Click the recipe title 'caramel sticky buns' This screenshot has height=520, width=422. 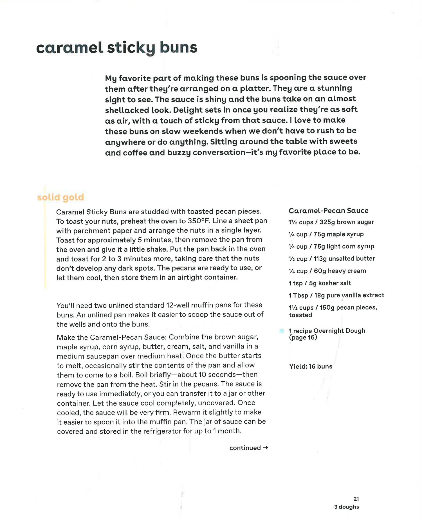tap(116, 48)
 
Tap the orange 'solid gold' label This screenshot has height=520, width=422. tap(60, 197)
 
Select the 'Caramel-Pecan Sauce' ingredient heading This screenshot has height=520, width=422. tap(328, 211)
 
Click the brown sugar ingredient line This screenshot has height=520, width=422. tap(331, 222)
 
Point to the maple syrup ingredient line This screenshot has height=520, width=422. tap(326, 234)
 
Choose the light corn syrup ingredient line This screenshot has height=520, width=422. tap(331, 246)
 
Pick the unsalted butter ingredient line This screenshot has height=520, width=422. tap(332, 258)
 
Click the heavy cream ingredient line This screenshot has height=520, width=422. tap(327, 271)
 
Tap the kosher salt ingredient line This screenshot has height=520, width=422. tap(320, 283)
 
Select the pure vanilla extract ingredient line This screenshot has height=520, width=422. tap(336, 295)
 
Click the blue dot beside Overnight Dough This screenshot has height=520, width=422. tap(281, 331)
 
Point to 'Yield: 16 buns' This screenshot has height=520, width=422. tap(311, 366)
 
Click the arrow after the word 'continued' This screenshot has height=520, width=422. tap(265, 447)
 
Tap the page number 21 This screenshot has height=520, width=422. tap(356, 499)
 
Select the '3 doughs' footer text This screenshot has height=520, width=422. tap(347, 507)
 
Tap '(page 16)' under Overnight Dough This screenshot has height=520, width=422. tap(303, 337)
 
